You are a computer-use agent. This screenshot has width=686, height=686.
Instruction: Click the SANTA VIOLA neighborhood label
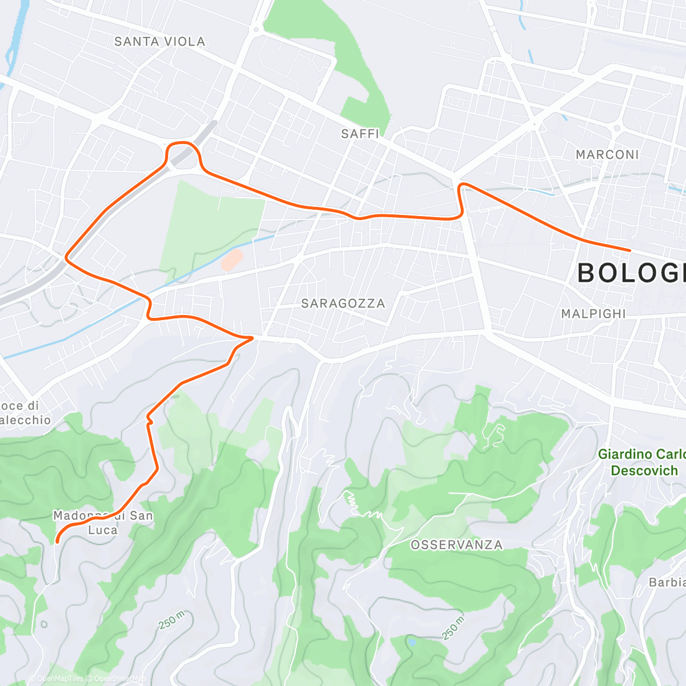(x=159, y=41)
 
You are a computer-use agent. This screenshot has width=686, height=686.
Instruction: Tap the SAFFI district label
(x=360, y=134)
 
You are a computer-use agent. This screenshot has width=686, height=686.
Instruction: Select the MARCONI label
(x=607, y=154)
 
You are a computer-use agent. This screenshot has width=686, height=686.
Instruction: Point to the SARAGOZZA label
(x=343, y=303)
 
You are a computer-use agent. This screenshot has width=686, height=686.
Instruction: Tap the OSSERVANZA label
(x=457, y=545)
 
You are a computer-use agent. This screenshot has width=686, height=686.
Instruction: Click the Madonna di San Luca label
(x=103, y=523)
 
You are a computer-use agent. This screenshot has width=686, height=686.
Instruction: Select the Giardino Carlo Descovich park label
(x=641, y=462)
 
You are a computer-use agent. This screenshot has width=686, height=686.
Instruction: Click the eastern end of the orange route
(x=629, y=250)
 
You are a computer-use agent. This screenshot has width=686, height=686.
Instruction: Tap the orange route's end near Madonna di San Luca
(x=57, y=541)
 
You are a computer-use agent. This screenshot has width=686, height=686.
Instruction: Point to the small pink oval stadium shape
(x=232, y=260)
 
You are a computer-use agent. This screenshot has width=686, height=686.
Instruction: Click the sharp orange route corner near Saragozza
(x=252, y=337)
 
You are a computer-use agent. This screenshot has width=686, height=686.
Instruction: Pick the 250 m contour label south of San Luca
(x=171, y=620)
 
